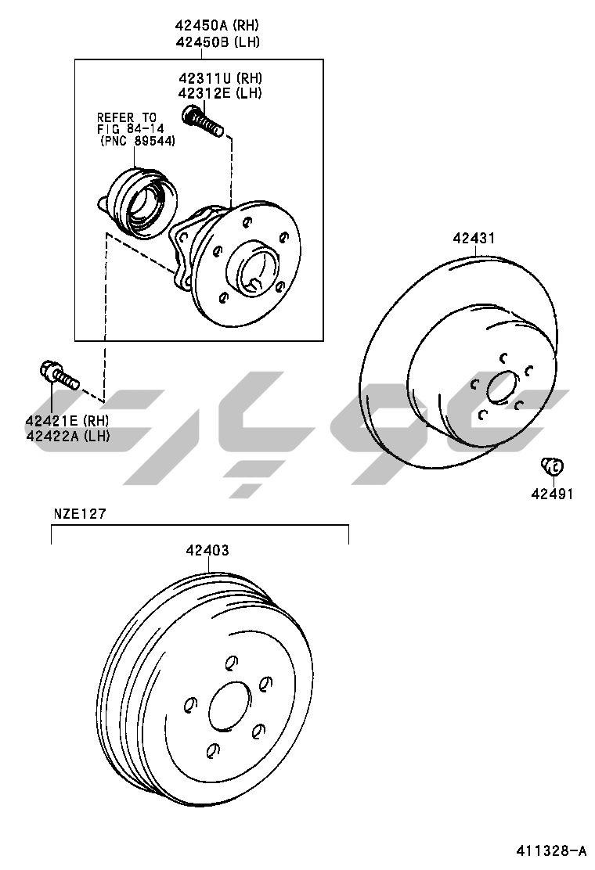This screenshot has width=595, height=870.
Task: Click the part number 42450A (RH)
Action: point(217,26)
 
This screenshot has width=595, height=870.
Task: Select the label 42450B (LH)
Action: point(218,42)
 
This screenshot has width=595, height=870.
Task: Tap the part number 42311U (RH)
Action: point(220,78)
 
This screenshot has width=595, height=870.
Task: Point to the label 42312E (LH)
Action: point(220,93)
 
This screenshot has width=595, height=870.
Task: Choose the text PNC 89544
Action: point(138,142)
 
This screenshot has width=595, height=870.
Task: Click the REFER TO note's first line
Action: point(127,117)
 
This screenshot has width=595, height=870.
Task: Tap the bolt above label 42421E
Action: point(60,375)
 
